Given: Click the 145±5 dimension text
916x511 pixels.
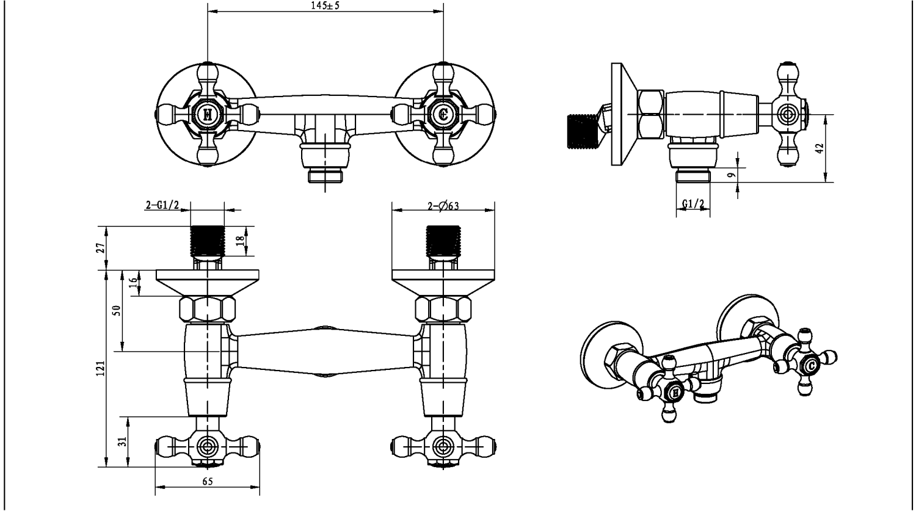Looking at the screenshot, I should (325, 5).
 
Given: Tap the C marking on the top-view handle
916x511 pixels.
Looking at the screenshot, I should (444, 114).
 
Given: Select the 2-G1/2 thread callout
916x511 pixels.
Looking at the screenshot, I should (162, 206).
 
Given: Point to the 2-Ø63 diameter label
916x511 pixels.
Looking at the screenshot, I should (443, 206).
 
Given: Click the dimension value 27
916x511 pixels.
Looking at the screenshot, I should (101, 248).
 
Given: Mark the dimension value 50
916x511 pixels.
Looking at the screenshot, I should (117, 310).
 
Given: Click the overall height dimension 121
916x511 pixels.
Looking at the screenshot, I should (101, 368).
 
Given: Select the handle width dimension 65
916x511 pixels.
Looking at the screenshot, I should (207, 482).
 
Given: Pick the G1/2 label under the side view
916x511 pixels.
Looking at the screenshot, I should (693, 203).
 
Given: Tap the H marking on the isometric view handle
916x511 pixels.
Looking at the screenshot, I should (675, 393).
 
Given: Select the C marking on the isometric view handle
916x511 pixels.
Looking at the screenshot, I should (811, 366).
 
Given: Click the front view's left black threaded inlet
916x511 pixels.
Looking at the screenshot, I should (208, 241).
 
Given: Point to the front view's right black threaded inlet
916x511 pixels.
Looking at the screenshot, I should (443, 241).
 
